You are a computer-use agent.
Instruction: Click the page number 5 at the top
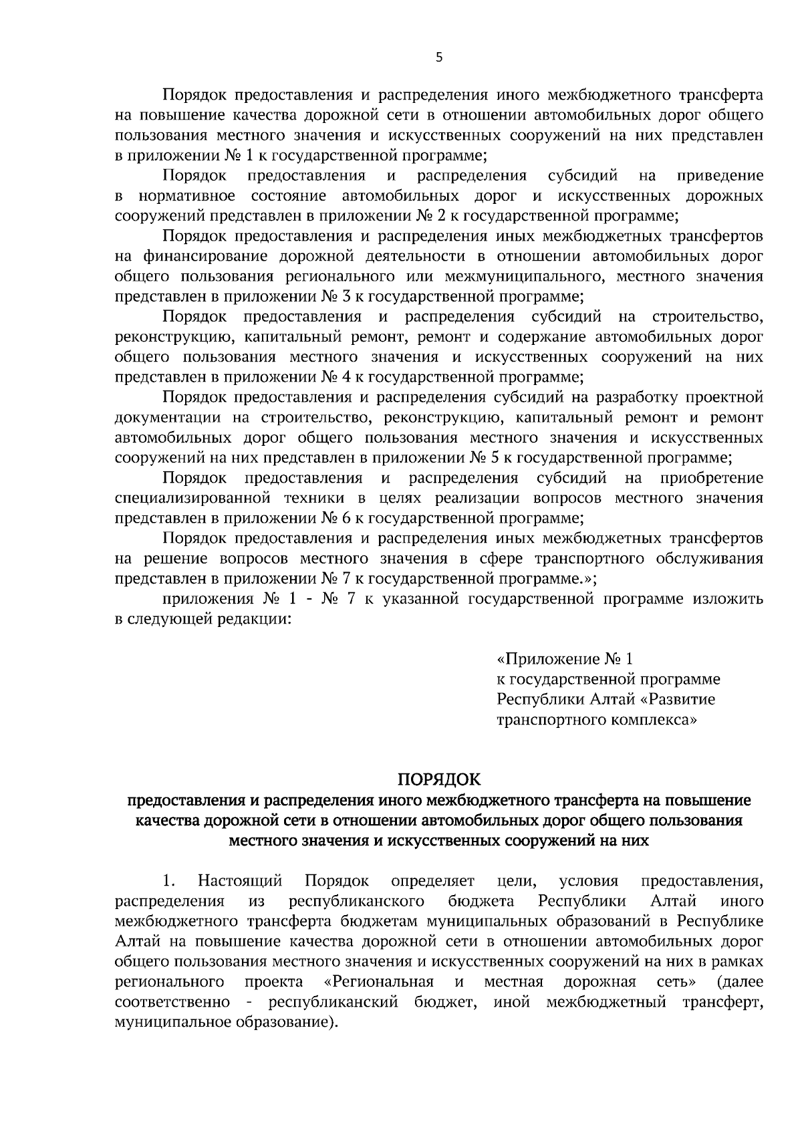click(x=438, y=57)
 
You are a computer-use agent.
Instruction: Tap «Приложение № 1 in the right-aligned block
click(x=565, y=660)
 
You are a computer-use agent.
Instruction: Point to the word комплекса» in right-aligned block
click(x=654, y=720)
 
